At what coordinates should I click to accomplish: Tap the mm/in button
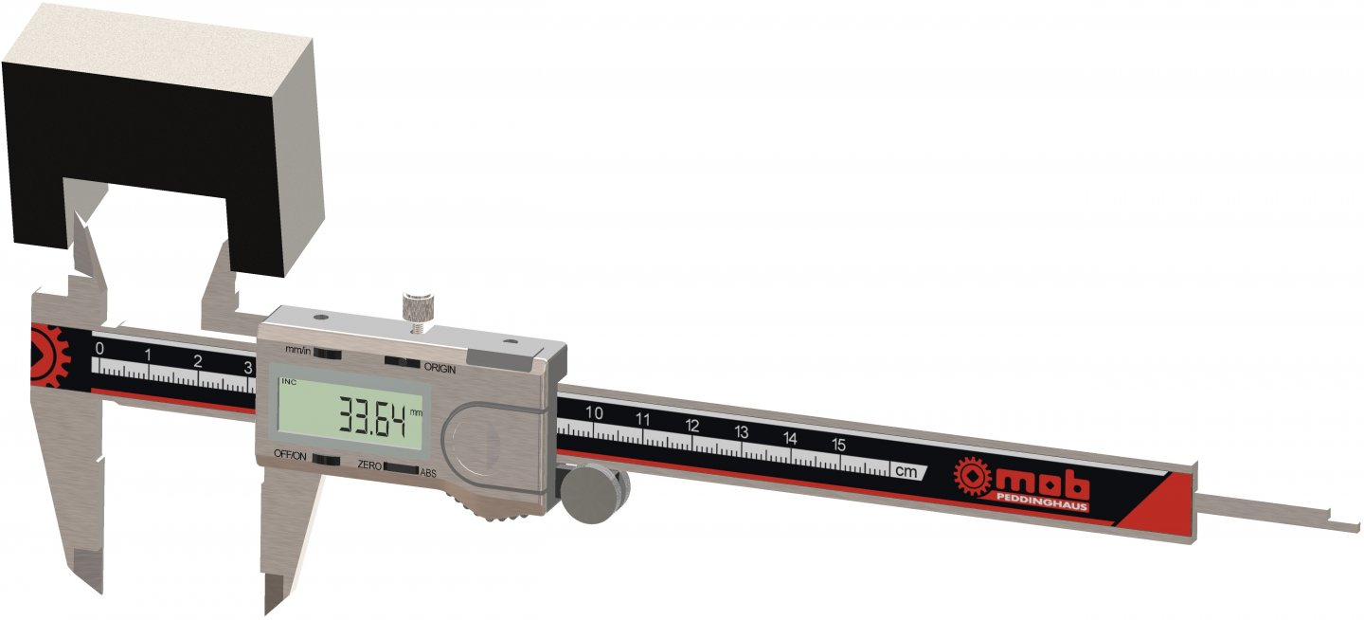pyautogui.click(x=327, y=354)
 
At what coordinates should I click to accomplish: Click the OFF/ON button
pyautogui.click(x=327, y=459)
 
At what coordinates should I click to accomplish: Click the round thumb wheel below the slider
pyautogui.click(x=594, y=493)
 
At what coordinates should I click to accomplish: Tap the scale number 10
pyautogui.click(x=595, y=413)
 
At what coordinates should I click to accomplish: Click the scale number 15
pyautogui.click(x=838, y=444)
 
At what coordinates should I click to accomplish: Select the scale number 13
pyautogui.click(x=741, y=432)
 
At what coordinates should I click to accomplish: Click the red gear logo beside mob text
pyautogui.click(x=972, y=476)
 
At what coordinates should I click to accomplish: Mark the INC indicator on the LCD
pyautogui.click(x=286, y=382)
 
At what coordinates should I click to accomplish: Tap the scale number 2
pyautogui.click(x=197, y=361)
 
